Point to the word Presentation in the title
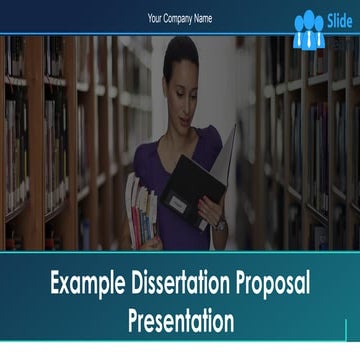click(181, 321)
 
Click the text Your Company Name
click(180, 19)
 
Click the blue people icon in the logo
click(308, 30)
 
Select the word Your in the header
click(155, 19)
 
